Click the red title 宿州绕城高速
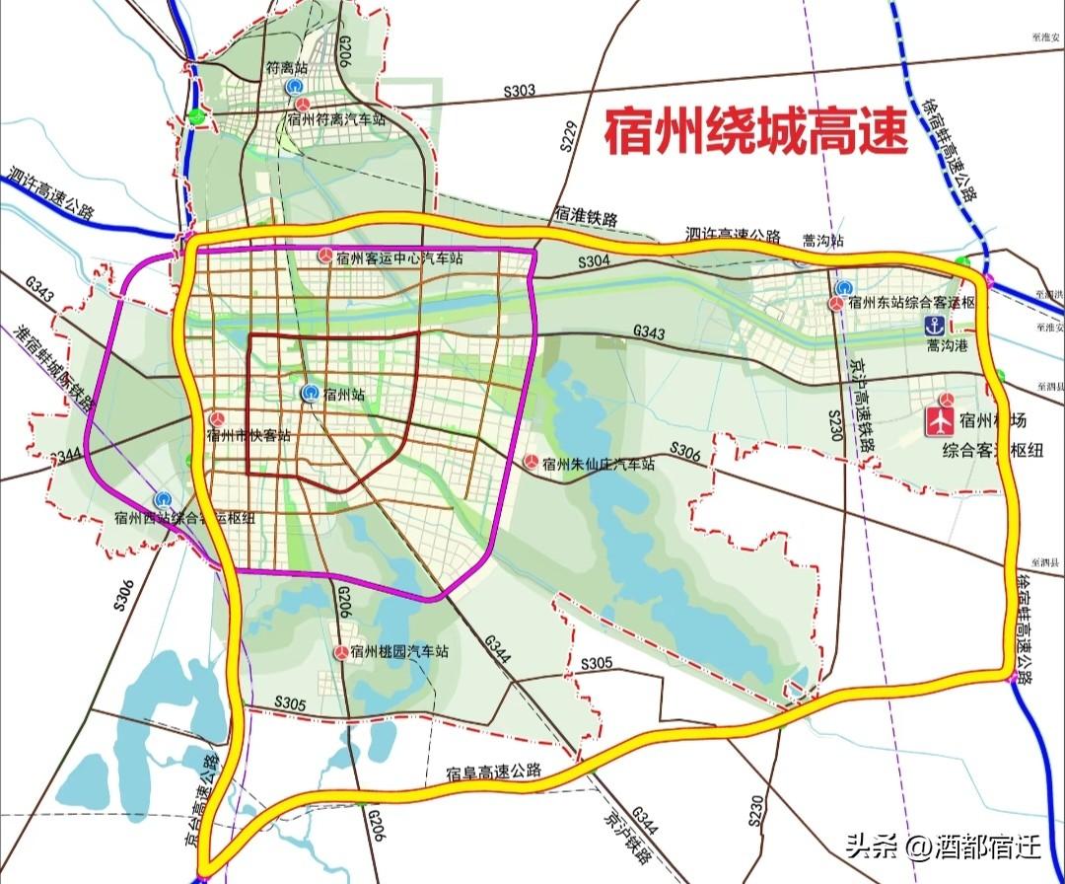(754, 132)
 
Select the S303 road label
(519, 91)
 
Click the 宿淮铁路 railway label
(585, 215)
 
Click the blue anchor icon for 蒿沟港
(932, 326)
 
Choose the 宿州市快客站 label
(248, 435)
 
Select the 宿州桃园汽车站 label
(404, 652)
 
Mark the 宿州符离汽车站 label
(336, 119)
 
